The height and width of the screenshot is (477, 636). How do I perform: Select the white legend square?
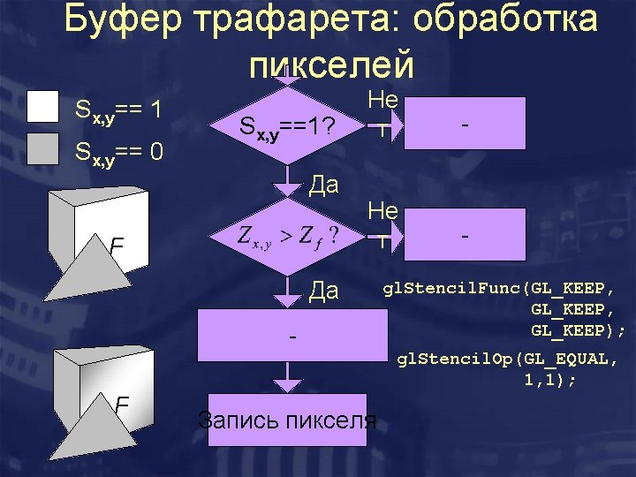[42, 105]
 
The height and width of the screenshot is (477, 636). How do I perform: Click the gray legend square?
[42, 148]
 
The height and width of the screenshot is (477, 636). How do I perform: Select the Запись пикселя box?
[288, 420]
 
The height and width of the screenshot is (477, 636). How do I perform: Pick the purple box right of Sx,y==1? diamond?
[463, 125]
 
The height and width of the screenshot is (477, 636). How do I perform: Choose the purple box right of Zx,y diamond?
[463, 235]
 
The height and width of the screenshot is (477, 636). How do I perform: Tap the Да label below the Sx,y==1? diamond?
[324, 185]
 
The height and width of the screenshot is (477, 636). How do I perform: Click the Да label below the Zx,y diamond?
[324, 290]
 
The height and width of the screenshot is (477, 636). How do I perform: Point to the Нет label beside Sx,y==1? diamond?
[383, 114]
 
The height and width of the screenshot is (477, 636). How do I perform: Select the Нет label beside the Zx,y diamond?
[383, 224]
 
